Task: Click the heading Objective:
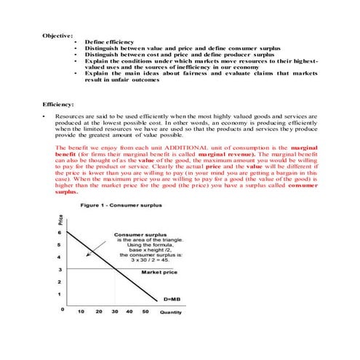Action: (57, 36)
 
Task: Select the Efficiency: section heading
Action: (59, 105)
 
